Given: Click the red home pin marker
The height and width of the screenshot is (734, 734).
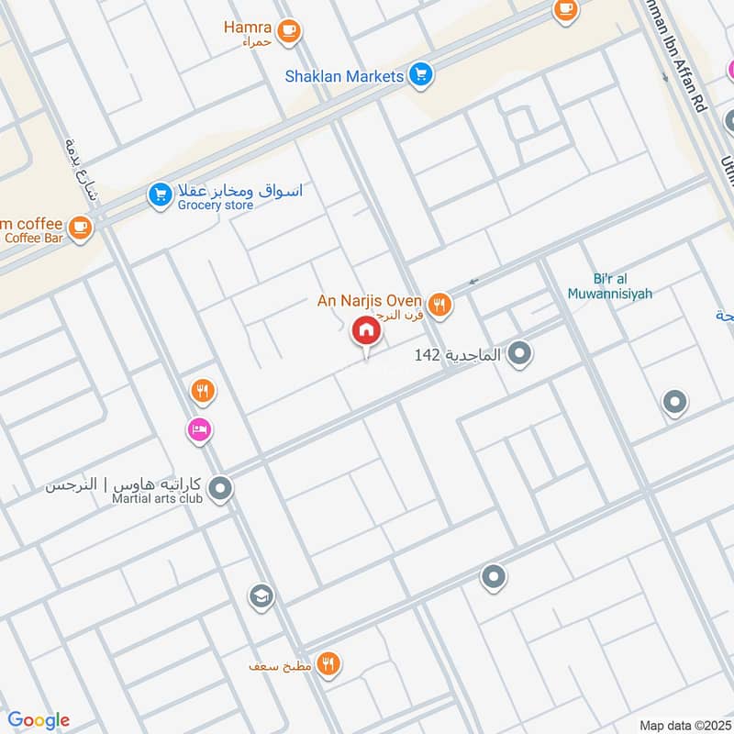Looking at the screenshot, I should click(x=365, y=331).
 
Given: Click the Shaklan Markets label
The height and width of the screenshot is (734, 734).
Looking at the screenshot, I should click(x=344, y=76).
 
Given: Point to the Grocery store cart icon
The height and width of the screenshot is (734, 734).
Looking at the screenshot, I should click(x=161, y=195).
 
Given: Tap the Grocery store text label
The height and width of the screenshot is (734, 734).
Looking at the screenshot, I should click(x=217, y=206).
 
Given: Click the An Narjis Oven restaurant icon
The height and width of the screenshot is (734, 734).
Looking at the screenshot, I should click(x=440, y=304).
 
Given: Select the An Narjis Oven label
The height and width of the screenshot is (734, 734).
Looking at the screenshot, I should click(x=369, y=300).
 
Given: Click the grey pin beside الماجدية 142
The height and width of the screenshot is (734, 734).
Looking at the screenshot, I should click(x=520, y=352).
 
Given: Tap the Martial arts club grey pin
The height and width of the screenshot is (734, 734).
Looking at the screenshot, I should click(x=219, y=489).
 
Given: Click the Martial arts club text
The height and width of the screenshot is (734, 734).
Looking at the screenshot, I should click(x=143, y=499).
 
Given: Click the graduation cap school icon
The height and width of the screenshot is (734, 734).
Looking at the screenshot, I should click(x=261, y=597).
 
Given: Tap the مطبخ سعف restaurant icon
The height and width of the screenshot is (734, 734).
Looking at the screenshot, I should click(x=328, y=663).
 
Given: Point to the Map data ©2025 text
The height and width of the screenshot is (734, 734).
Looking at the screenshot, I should click(x=684, y=725).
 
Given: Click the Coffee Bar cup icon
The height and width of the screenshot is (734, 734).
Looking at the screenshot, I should click(x=81, y=226).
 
